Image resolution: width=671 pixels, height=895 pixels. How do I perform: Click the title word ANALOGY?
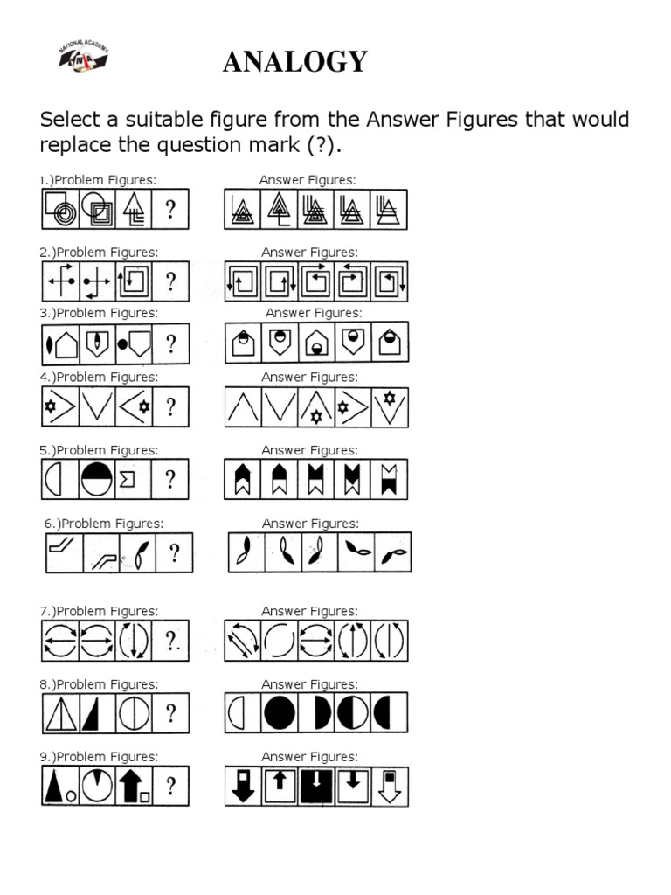click(x=295, y=63)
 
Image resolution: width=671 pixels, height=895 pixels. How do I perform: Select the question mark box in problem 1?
click(x=170, y=210)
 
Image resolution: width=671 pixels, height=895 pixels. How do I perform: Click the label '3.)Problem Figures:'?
click(x=99, y=313)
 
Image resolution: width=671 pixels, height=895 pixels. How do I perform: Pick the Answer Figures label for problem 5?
click(x=310, y=450)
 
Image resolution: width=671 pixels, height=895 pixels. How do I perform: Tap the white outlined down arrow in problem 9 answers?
click(x=390, y=787)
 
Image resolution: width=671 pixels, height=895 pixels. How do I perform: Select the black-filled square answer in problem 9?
click(x=316, y=787)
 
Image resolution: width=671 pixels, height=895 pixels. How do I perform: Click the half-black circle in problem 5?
click(x=97, y=479)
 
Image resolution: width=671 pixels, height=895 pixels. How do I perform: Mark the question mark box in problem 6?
click(x=175, y=553)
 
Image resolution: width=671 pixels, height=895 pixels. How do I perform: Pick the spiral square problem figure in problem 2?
click(x=134, y=281)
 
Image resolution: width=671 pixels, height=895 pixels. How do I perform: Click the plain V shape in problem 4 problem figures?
click(x=97, y=406)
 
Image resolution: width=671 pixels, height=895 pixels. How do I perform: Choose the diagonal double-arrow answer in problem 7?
click(x=243, y=641)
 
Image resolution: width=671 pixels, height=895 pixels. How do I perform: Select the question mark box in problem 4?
click(x=170, y=406)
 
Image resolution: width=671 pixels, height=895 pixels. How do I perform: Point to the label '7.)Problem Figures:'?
click(x=99, y=611)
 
